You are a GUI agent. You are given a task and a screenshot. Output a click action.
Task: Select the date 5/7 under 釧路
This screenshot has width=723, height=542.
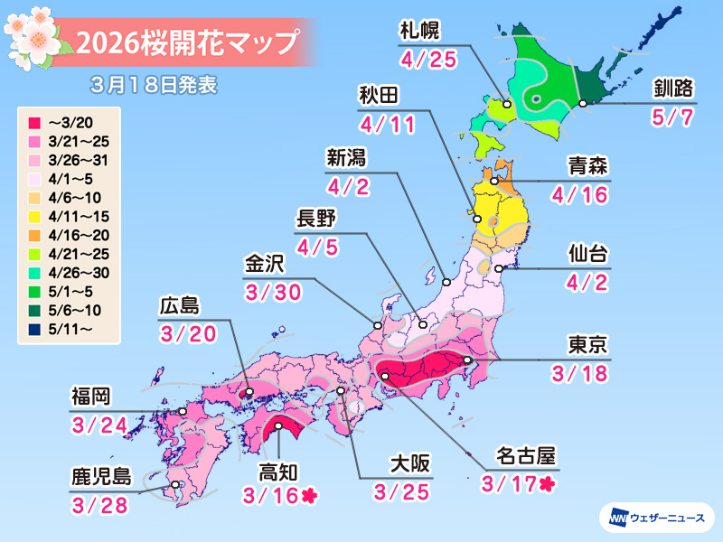click(x=673, y=117)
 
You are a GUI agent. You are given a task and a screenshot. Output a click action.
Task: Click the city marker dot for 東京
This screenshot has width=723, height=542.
click(x=466, y=360)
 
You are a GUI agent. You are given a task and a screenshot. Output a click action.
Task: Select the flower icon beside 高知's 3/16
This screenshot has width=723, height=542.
click(x=310, y=495)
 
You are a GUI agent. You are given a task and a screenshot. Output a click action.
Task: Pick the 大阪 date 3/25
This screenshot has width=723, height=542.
click(x=399, y=492)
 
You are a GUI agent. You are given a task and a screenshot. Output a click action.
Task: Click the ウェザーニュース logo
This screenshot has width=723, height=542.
click(x=656, y=518)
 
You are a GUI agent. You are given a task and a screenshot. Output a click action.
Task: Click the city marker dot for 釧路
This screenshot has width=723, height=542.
click(x=583, y=105)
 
